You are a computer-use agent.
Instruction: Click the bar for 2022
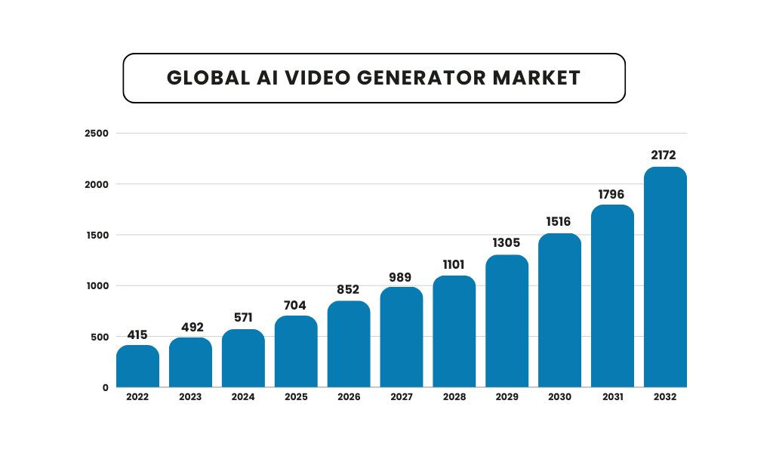point(137,366)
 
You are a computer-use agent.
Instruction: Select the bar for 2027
point(402,337)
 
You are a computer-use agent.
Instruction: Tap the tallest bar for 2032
point(665,277)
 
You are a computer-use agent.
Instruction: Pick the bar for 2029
point(507,321)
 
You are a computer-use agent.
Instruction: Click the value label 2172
point(665,155)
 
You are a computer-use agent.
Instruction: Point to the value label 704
point(295,305)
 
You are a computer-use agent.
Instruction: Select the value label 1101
point(454,264)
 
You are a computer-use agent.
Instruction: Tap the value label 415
point(137,334)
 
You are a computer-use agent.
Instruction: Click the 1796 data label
point(612,194)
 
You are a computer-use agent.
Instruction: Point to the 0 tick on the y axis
point(106,387)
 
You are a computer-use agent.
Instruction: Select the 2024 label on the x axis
point(243,397)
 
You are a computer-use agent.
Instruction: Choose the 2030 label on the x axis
point(559,397)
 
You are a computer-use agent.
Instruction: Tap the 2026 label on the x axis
point(349,397)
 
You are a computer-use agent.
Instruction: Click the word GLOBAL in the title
point(205,78)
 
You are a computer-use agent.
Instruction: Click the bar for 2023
point(190,362)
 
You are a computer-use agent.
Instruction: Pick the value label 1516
point(559,222)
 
